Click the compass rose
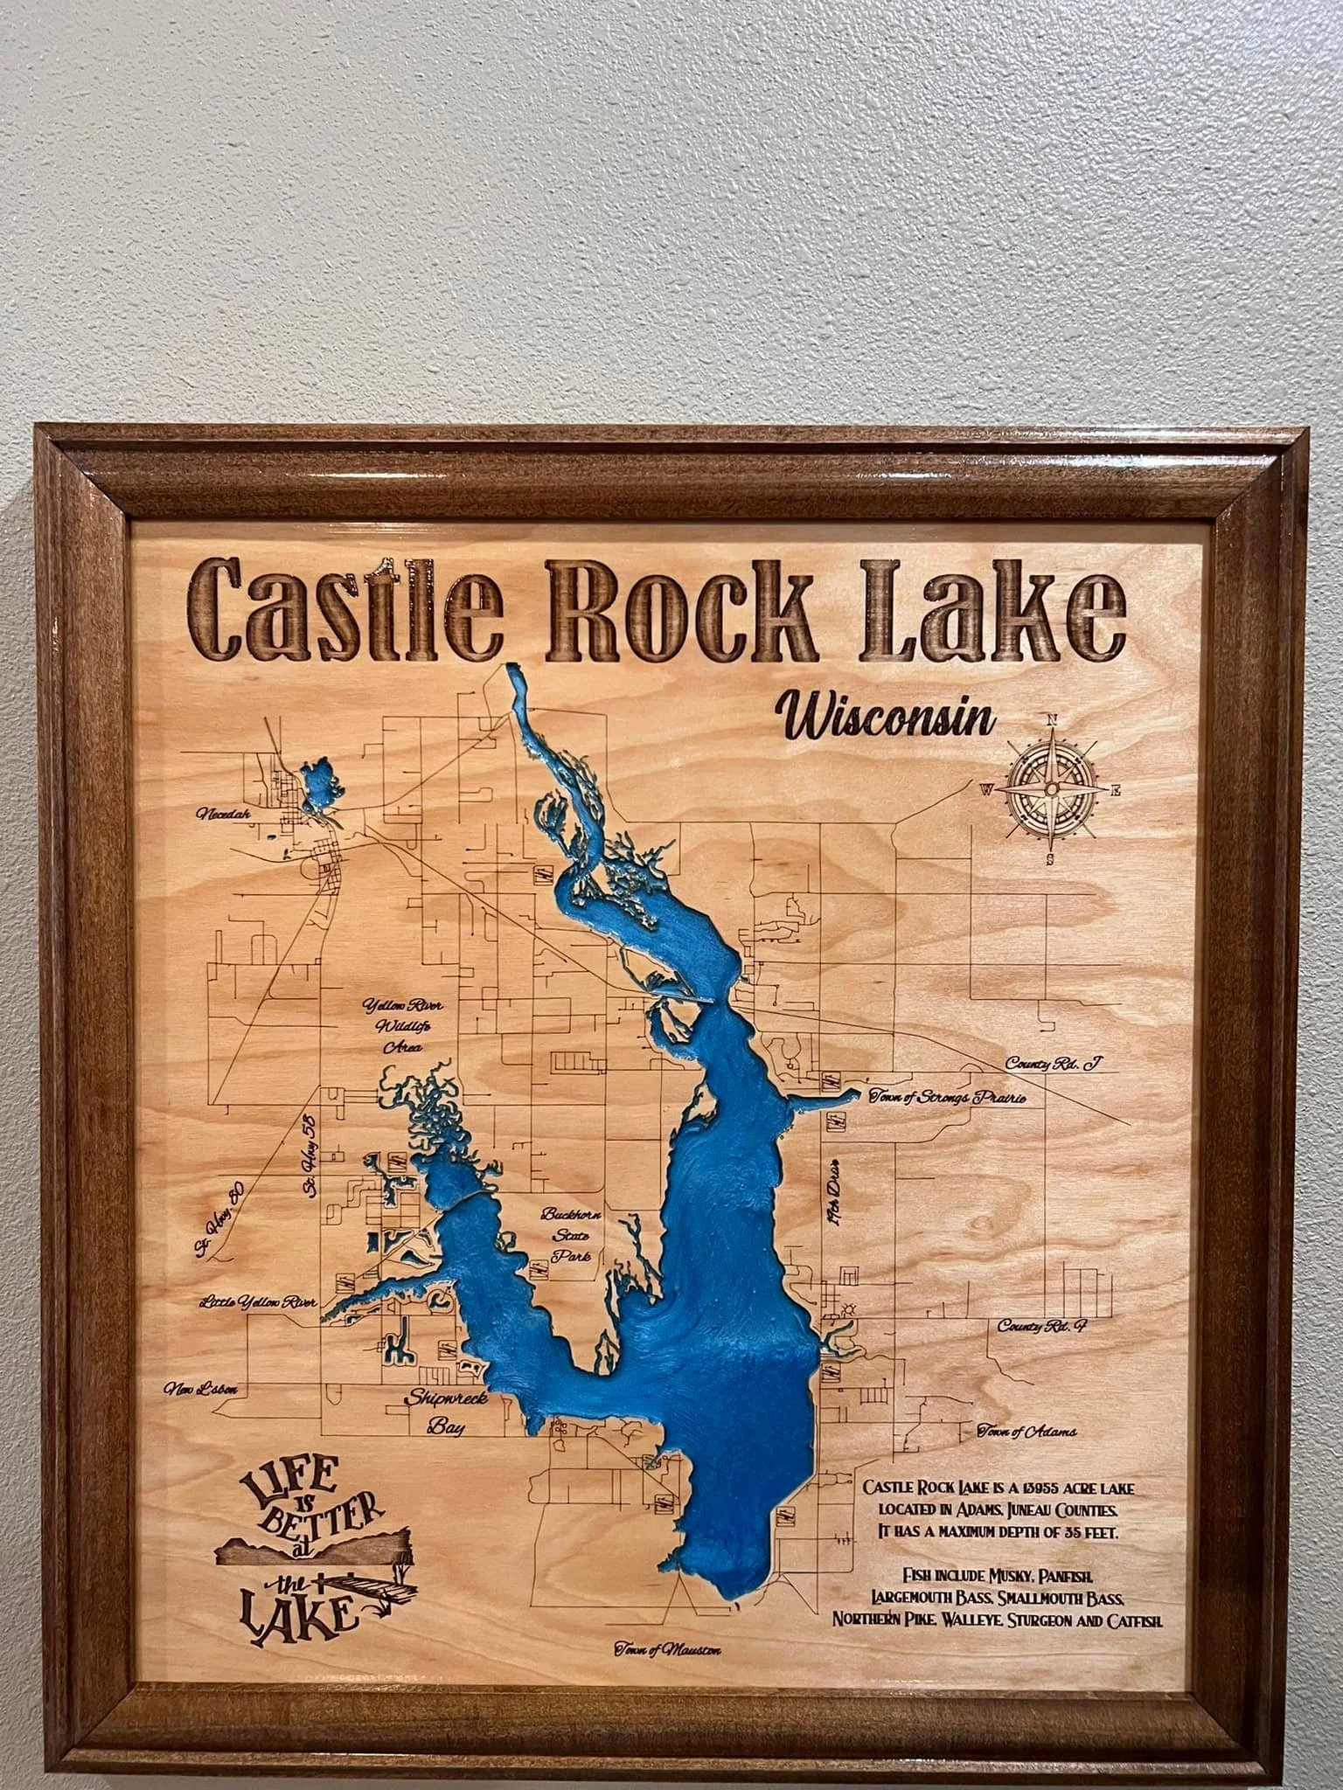tap(1050, 780)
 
